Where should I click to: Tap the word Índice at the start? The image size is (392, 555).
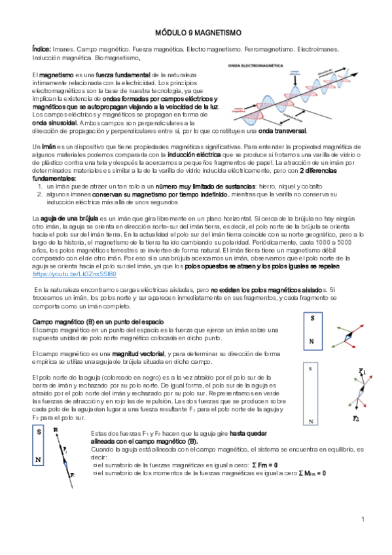tap(42, 50)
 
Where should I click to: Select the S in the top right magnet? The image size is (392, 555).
tap(313, 318)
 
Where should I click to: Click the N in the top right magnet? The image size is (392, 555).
tap(312, 342)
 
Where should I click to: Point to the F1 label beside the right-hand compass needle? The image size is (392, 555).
tap(363, 371)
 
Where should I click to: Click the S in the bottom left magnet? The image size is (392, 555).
tap(39, 432)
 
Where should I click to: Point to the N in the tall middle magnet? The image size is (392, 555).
tap(310, 421)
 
